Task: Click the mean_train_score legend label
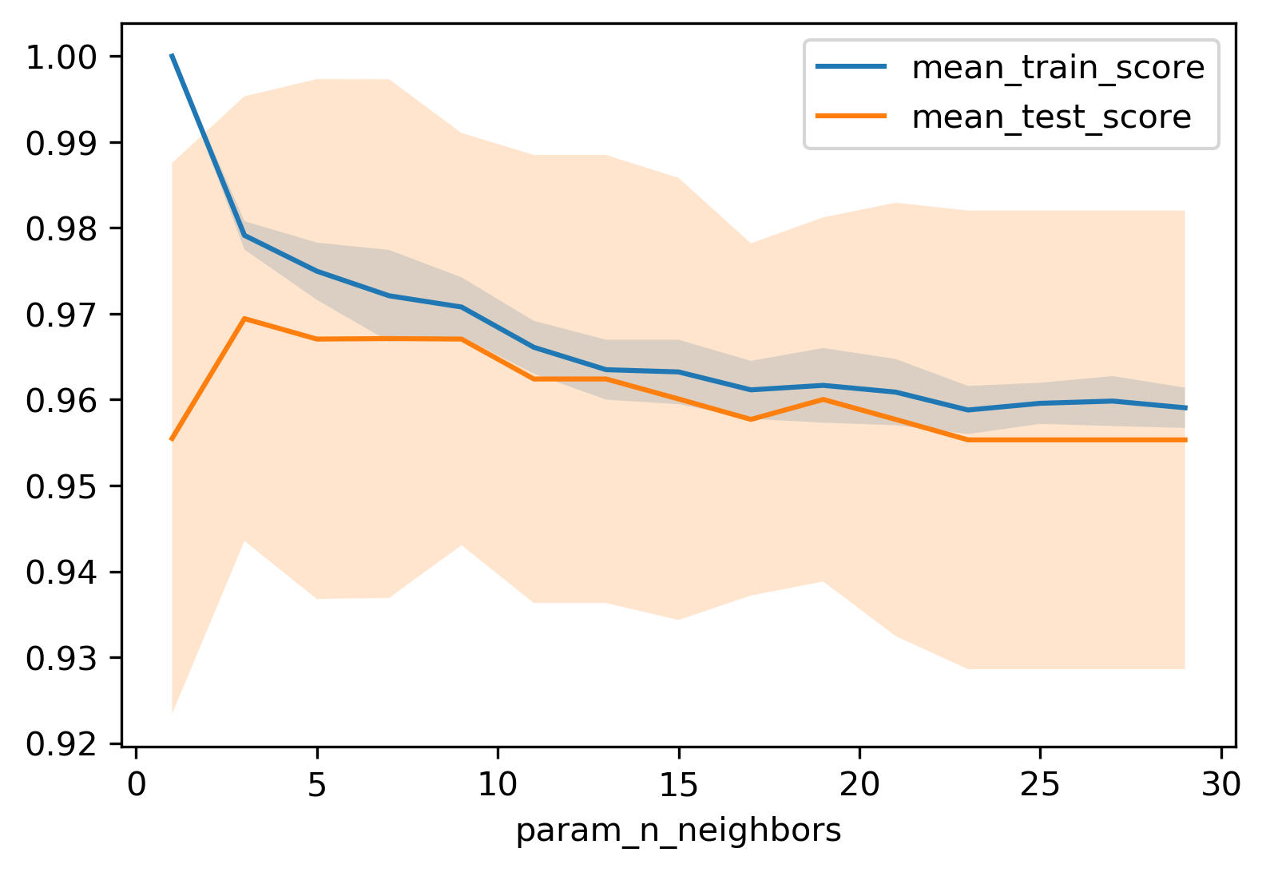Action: pos(1058,68)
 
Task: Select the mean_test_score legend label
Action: pos(1051,117)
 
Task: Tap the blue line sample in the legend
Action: pos(851,67)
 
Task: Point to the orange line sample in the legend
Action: pos(851,117)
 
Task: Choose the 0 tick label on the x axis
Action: pos(137,785)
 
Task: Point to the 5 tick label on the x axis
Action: pos(317,785)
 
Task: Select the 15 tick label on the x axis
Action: pos(679,785)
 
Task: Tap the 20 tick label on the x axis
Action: pos(859,785)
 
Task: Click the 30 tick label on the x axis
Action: pos(1221,785)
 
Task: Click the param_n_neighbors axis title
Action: pos(678,831)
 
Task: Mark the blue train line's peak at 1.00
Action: pos(172,55)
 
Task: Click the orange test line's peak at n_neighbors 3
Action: pos(244,318)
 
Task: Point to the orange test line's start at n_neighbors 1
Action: pos(172,439)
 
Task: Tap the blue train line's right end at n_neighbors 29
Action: pos(1185,407)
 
